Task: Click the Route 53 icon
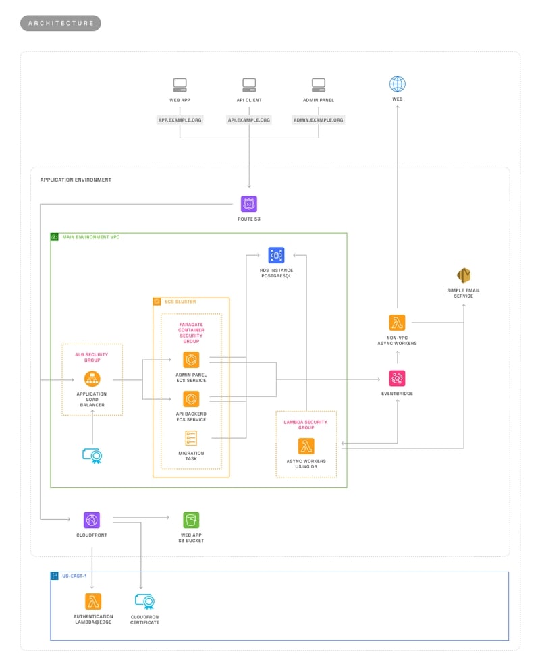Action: point(249,204)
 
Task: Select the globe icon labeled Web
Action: point(398,84)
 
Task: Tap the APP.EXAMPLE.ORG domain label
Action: point(180,119)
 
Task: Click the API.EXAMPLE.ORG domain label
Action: point(249,119)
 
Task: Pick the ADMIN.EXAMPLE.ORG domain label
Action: point(318,119)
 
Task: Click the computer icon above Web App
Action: point(180,84)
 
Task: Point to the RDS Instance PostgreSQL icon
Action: point(276,255)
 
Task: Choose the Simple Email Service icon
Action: point(464,275)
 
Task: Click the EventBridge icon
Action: point(397,378)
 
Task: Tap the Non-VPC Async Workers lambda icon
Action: point(397,323)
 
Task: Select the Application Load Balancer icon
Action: point(92,379)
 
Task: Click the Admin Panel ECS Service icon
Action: point(192,360)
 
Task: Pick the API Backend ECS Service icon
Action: point(192,398)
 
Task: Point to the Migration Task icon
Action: point(192,437)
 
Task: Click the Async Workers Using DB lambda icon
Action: point(306,446)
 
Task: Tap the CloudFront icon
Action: point(92,520)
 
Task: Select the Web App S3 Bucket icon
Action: point(191,520)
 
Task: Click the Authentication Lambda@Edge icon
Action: point(93,601)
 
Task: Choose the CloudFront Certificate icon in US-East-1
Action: point(145,601)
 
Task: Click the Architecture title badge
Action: point(61,23)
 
